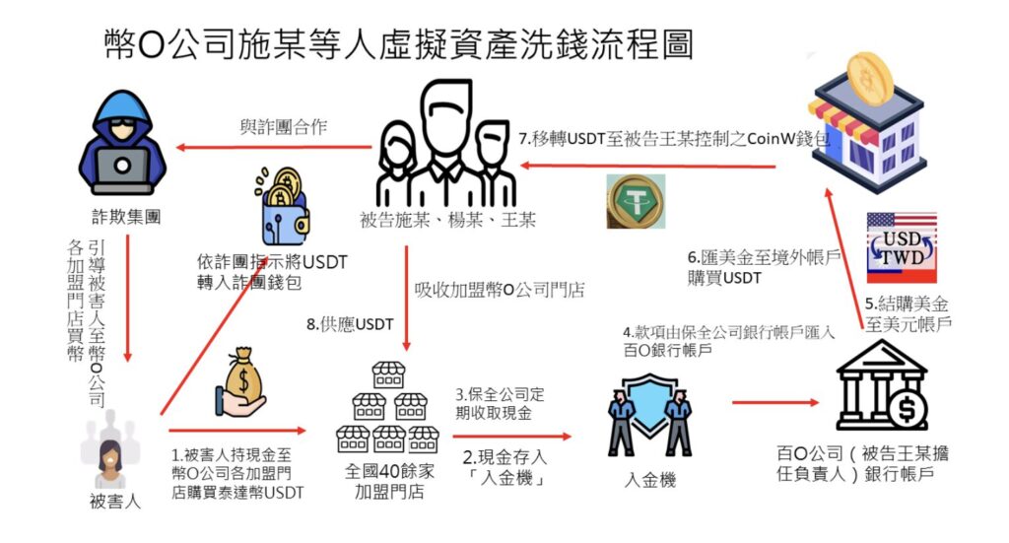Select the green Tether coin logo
pos(635,201)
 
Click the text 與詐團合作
pos(284,126)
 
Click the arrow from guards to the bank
pos(776,403)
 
